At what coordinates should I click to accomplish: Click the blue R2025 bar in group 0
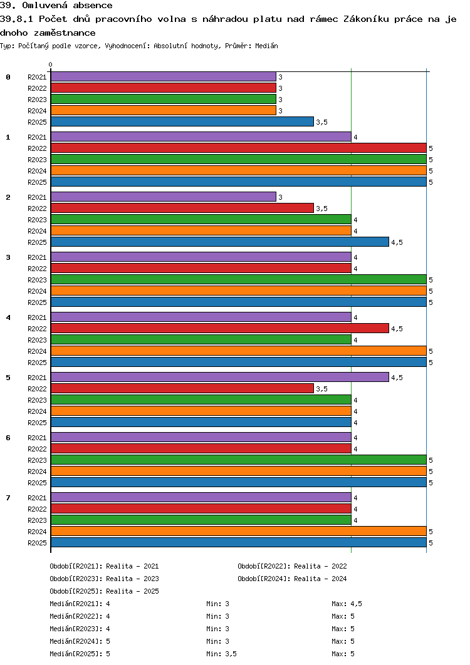(182, 121)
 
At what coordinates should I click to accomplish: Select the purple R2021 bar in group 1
(201, 137)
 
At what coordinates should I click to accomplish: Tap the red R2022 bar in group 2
(182, 208)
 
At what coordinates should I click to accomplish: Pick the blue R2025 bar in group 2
(220, 242)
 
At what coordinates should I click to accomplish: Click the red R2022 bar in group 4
(220, 328)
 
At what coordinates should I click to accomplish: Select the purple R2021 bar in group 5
(220, 377)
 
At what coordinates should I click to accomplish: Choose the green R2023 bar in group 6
(239, 460)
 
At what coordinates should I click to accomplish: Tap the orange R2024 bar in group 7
(239, 531)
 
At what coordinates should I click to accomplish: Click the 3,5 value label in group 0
(322, 122)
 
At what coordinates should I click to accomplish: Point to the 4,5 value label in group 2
(397, 242)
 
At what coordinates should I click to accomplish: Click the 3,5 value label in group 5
(322, 389)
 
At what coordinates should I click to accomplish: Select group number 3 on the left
(8, 257)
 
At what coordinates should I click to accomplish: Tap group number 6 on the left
(8, 438)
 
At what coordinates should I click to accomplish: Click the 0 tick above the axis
(51, 65)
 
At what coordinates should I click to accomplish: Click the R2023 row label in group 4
(38, 340)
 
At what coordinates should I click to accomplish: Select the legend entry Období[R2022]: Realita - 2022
(292, 566)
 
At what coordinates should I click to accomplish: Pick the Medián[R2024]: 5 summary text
(80, 641)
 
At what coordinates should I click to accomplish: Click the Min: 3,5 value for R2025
(222, 654)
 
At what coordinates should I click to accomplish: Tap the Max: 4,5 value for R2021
(347, 604)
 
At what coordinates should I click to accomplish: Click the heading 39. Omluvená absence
(56, 6)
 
